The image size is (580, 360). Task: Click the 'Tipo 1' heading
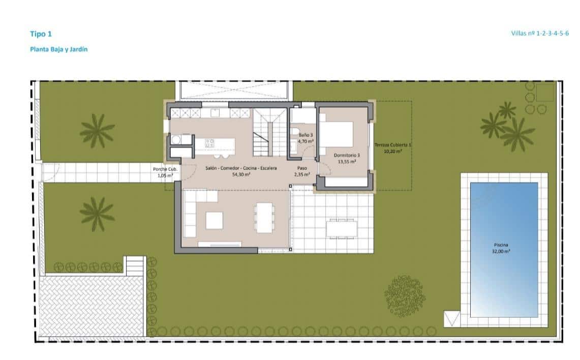point(41,34)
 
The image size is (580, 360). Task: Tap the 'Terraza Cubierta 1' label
point(392,145)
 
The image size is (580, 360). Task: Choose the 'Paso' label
point(301,168)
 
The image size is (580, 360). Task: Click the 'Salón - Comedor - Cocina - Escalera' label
point(241,168)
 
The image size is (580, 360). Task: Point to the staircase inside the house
point(267,133)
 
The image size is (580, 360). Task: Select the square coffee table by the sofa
point(213,220)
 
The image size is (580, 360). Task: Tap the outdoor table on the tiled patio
point(342,228)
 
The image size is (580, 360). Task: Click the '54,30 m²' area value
point(241,174)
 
